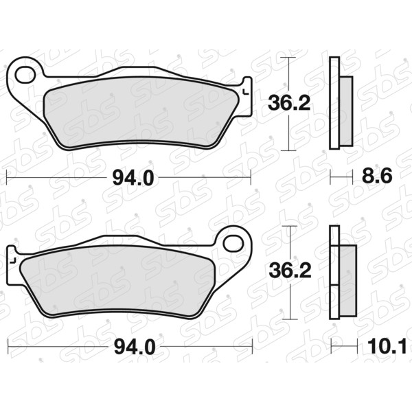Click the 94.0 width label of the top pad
click(133, 179)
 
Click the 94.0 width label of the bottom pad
click(135, 347)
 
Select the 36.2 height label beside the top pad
click(289, 104)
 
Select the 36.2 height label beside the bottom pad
click(290, 271)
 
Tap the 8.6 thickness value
click(377, 176)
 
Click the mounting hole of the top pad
click(25, 75)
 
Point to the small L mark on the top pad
click(246, 92)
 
